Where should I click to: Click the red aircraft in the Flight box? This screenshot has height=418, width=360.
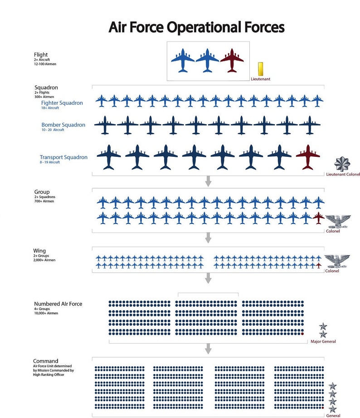[x=232, y=60]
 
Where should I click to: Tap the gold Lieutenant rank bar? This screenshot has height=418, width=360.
[x=260, y=70]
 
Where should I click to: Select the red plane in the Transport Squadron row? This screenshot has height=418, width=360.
[x=308, y=157]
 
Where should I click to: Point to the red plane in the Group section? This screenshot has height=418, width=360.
[x=319, y=218]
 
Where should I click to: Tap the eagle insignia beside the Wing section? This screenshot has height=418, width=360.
[x=339, y=261]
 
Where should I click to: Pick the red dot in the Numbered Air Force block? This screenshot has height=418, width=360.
[x=302, y=334]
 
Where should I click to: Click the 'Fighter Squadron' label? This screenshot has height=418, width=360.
[x=62, y=103]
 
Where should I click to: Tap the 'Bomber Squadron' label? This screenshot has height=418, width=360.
[x=63, y=125]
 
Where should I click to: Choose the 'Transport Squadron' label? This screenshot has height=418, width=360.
[x=63, y=157]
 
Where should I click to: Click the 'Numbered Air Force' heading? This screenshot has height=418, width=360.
[x=58, y=304]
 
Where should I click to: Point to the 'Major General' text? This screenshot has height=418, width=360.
[x=323, y=341]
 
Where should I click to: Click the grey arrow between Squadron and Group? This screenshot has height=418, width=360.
[x=209, y=181]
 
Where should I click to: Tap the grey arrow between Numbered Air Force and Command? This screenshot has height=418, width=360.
[x=209, y=348]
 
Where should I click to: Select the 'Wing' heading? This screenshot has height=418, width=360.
[x=39, y=251]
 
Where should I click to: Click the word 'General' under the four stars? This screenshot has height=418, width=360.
[x=333, y=415]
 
